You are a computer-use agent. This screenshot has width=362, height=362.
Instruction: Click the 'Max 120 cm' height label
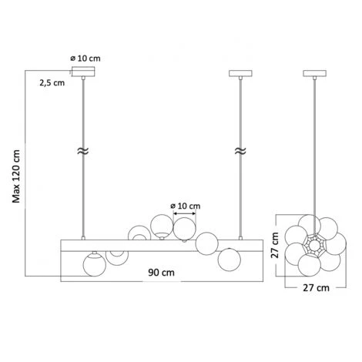16,176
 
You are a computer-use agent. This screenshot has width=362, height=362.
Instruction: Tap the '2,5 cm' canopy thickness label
52,83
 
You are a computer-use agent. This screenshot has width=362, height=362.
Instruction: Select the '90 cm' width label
161,273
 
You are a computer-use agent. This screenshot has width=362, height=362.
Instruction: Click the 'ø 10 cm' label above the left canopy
85,59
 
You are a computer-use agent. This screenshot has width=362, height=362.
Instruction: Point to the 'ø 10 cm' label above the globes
186,206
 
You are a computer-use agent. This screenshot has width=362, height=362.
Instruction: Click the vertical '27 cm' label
275,245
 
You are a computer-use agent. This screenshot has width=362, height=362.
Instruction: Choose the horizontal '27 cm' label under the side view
316,288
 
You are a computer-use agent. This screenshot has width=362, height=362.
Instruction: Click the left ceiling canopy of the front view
83,72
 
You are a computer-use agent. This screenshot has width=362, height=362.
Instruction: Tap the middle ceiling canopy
240,73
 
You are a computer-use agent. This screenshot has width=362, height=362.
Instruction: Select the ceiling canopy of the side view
315,73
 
